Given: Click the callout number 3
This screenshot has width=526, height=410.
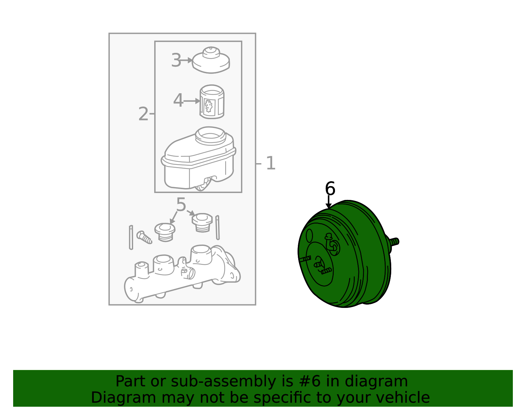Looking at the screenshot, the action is [x=176, y=60].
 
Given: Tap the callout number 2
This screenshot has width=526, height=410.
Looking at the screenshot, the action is [x=143, y=114].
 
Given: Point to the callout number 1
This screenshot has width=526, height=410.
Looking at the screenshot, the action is [x=271, y=163].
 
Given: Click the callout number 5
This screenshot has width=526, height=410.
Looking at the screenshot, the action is [x=181, y=205].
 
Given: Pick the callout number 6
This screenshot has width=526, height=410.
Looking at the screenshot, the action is [x=330, y=188].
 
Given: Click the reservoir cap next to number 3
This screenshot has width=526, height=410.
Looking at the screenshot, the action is [x=211, y=60].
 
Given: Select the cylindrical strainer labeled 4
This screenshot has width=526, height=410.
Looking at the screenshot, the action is [x=212, y=102].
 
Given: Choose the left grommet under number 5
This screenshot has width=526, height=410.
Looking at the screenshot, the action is [x=165, y=232].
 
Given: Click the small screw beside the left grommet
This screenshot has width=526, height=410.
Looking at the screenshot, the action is [x=144, y=237].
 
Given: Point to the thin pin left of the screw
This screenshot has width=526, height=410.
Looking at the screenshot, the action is [x=131, y=237].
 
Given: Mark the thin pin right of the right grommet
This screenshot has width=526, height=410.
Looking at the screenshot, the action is [x=217, y=227].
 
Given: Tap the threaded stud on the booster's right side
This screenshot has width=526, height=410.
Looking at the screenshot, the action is [x=394, y=242].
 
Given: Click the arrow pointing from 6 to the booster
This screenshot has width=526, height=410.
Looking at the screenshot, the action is [x=328, y=202].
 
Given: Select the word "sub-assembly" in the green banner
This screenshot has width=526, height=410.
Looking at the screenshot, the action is [x=223, y=381].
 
